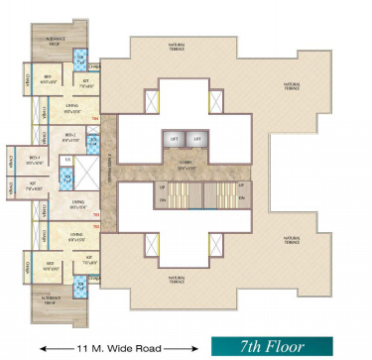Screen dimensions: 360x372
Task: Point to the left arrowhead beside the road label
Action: click(x=43, y=348)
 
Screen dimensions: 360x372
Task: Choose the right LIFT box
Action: click(x=196, y=138)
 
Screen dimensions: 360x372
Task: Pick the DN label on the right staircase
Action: click(x=240, y=201)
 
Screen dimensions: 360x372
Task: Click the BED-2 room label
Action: click(x=71, y=137)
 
